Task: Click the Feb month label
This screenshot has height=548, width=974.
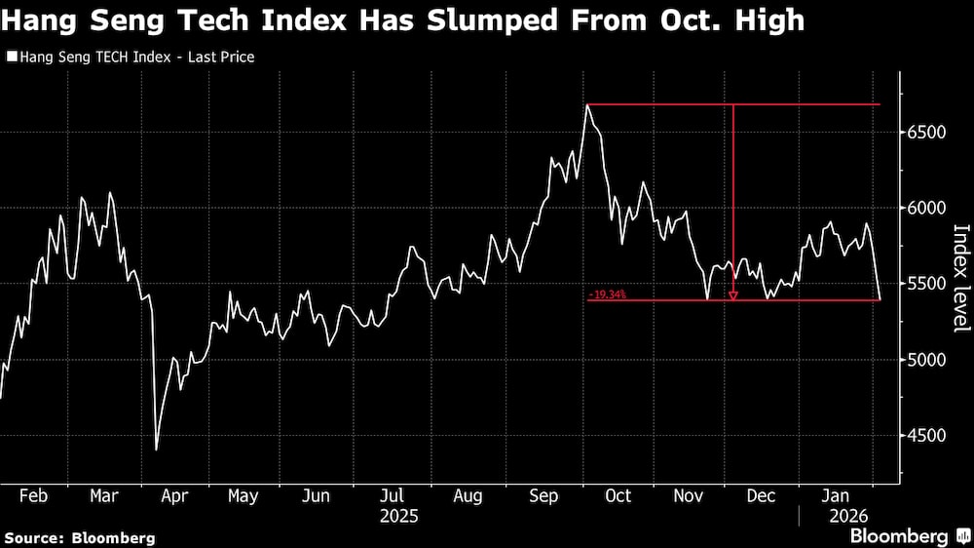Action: [33, 496]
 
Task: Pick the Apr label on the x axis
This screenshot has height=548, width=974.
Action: [173, 496]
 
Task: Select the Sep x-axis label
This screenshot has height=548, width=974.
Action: [543, 496]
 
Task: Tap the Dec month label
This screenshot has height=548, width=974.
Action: [761, 496]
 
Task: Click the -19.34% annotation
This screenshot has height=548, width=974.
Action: [607, 294]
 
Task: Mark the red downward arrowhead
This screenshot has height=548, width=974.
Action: [733, 295]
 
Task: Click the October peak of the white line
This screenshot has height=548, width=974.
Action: [587, 104]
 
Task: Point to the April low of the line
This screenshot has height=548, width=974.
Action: [157, 450]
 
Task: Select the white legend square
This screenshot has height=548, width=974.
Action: [11, 58]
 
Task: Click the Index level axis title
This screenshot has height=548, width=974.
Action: [960, 278]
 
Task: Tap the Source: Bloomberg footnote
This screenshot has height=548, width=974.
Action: [80, 537]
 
